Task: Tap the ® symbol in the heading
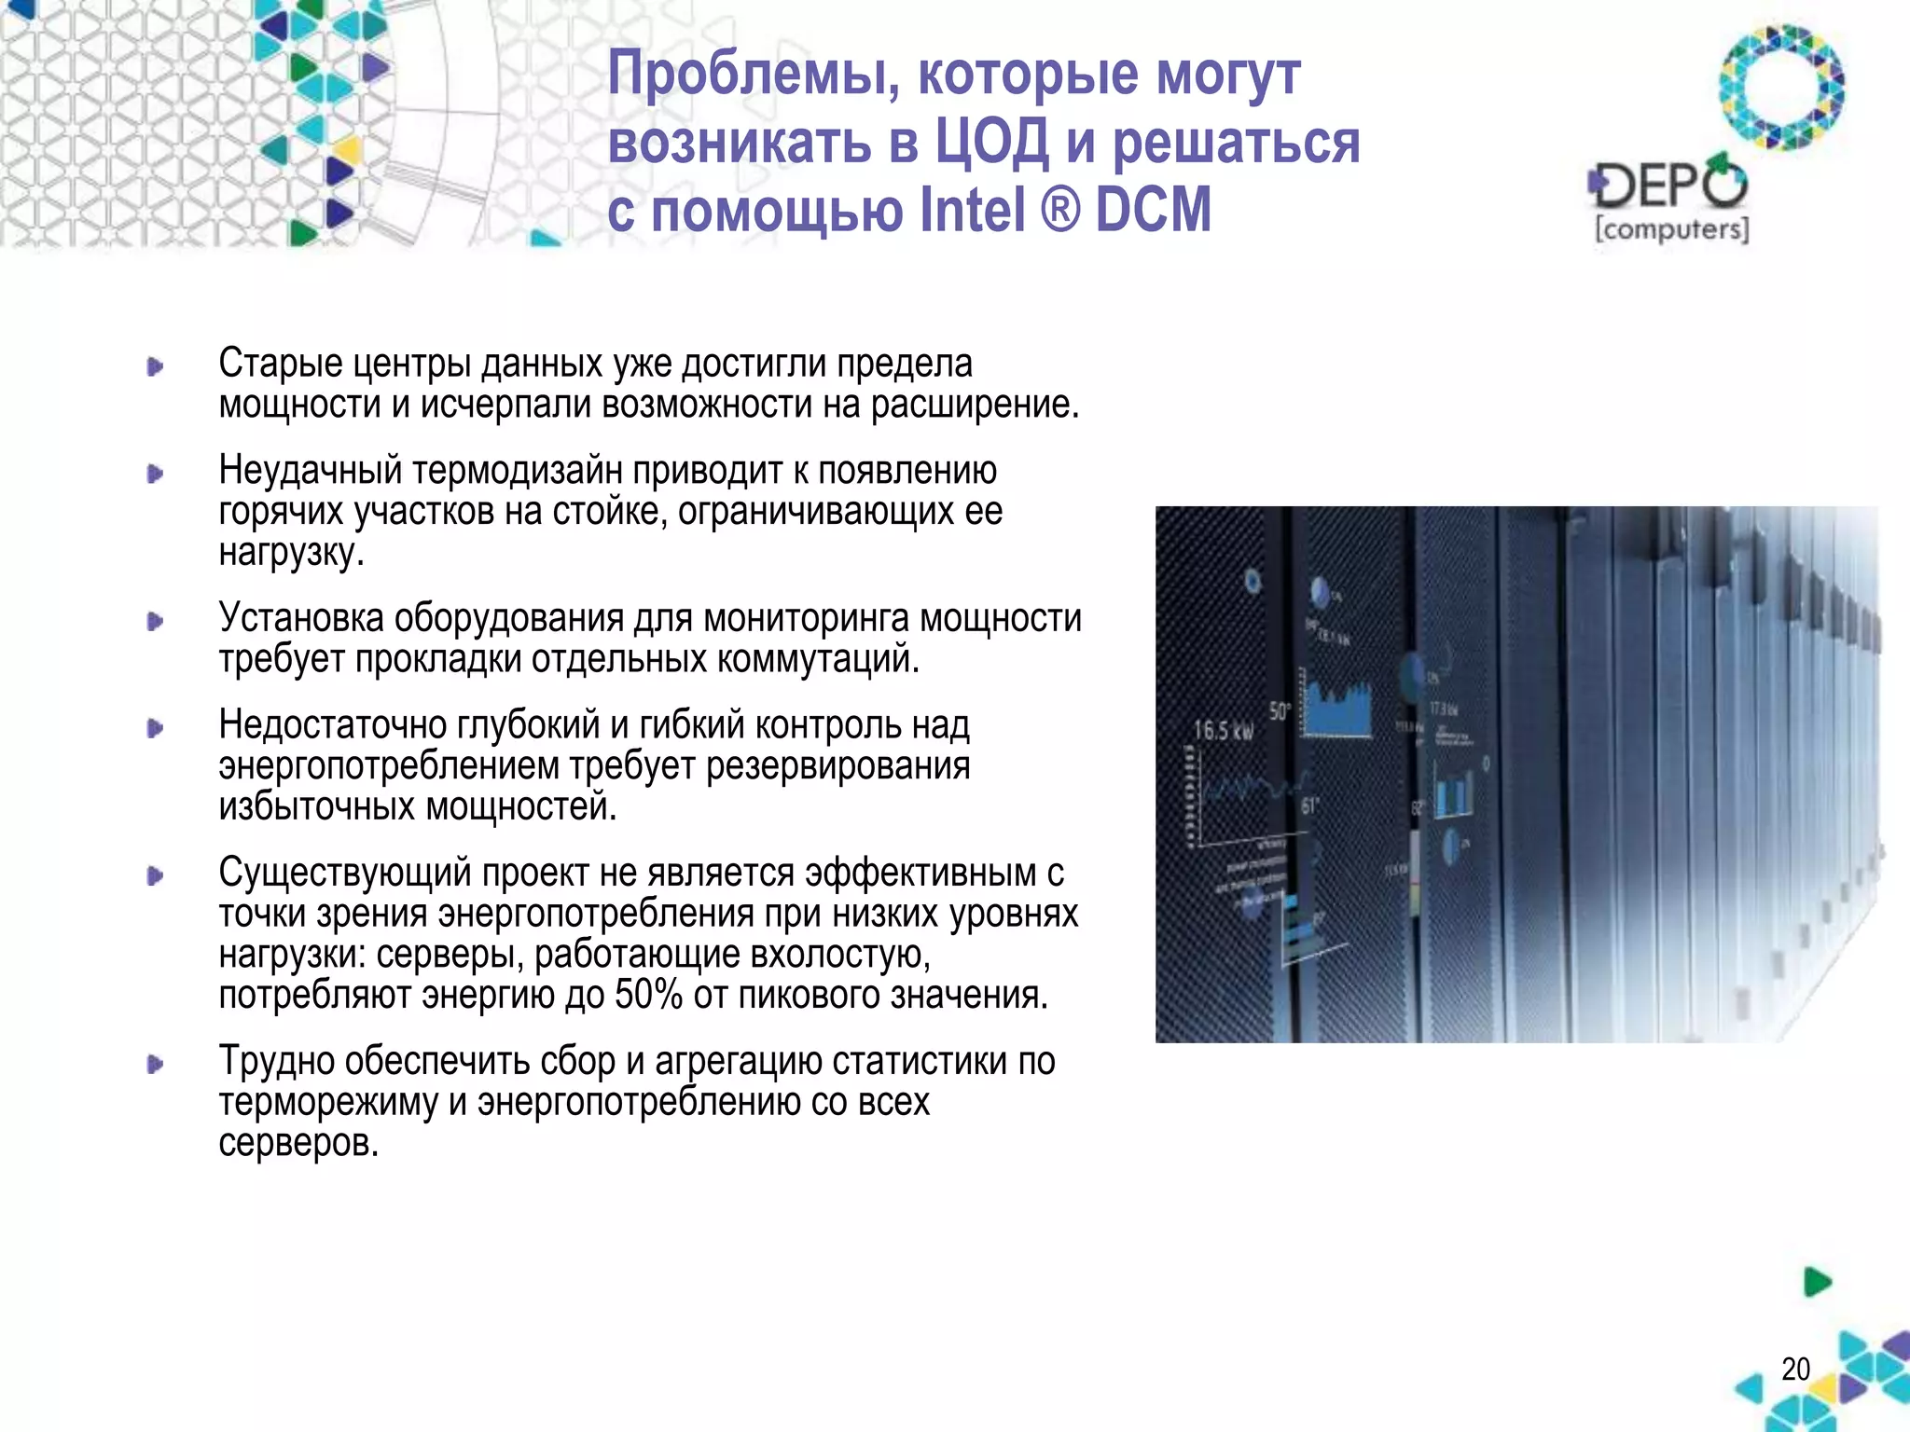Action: [x=1059, y=210]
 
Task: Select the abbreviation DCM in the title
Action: [x=1153, y=210]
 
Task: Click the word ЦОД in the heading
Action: [x=990, y=143]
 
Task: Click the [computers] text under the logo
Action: [x=1671, y=229]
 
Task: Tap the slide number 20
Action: [x=1795, y=1369]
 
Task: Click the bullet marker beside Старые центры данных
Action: [x=155, y=366]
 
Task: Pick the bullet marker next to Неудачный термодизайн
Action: [x=155, y=474]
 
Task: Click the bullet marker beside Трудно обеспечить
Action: [x=155, y=1064]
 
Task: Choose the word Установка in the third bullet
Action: [x=300, y=618]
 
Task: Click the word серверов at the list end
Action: [x=298, y=1142]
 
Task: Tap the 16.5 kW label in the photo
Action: [x=1224, y=730]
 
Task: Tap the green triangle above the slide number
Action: [x=1817, y=1282]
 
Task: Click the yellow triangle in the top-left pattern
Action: [x=347, y=149]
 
